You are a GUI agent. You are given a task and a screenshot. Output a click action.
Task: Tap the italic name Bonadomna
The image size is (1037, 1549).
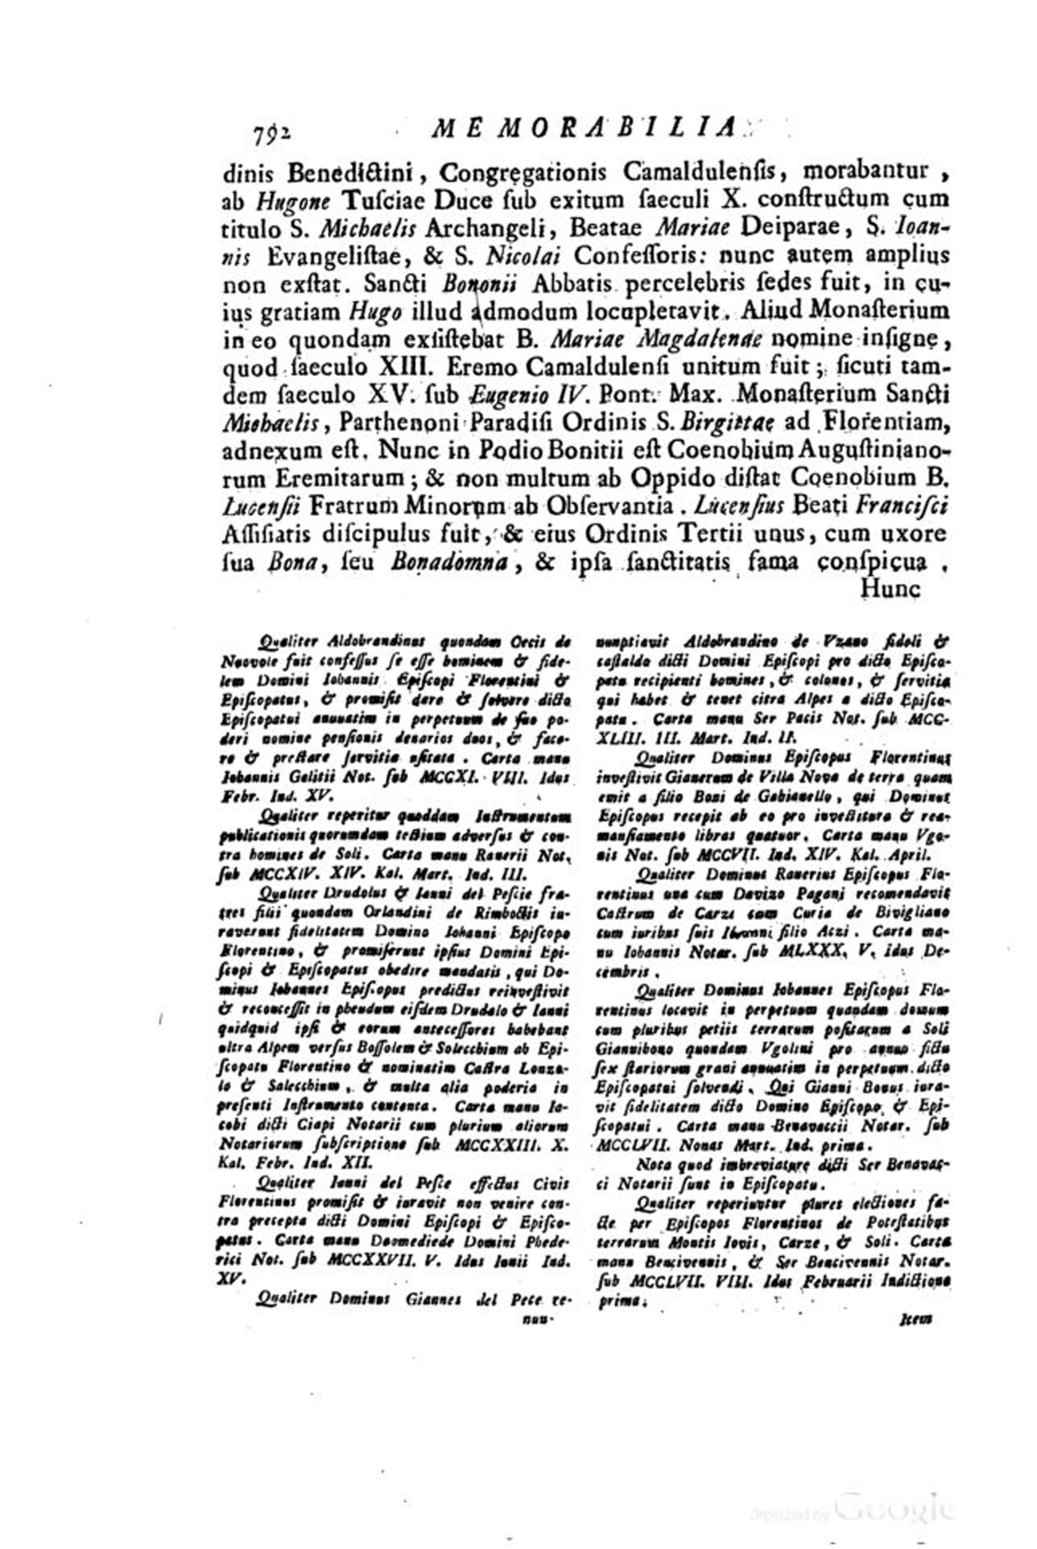452,563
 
